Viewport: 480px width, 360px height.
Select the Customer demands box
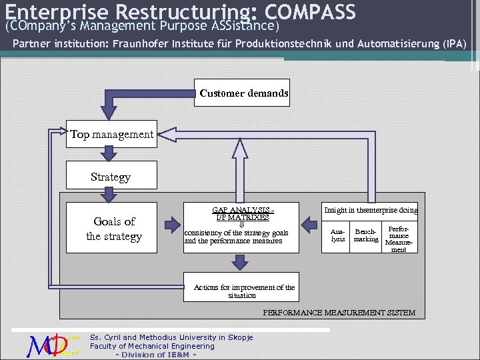[x=243, y=93]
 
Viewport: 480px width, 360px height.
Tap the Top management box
[x=112, y=135]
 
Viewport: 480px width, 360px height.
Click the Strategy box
[x=111, y=177]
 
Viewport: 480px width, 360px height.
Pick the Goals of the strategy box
[x=113, y=229]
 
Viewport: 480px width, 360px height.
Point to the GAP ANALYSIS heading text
[x=243, y=209]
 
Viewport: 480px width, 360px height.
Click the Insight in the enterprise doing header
[x=370, y=211]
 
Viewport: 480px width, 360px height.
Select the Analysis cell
[x=338, y=235]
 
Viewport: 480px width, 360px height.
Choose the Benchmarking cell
[x=365, y=235]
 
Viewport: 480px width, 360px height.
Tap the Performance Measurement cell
[x=399, y=238]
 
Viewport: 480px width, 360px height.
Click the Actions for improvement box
[x=243, y=291]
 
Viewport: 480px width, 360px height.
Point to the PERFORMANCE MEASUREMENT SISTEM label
[x=339, y=313]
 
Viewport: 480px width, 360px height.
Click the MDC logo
[x=53, y=345]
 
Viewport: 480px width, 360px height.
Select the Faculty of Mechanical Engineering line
[x=152, y=346]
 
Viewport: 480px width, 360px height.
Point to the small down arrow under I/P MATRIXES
[x=241, y=225]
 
